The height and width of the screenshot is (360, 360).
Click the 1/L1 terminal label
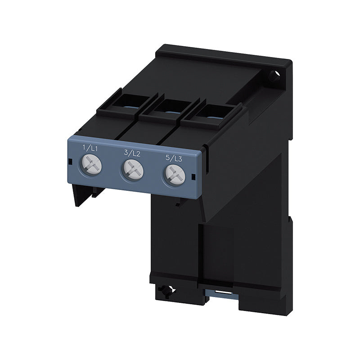tap(90, 148)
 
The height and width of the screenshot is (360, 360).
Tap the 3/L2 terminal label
tap(132, 153)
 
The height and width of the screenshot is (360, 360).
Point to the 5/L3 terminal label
tap(174, 158)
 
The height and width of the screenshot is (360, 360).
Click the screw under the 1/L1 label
tap(91, 164)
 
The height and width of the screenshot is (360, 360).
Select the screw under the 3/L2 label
tap(133, 170)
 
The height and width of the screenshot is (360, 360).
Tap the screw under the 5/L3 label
tap(175, 175)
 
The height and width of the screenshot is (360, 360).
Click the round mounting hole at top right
tap(274, 76)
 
